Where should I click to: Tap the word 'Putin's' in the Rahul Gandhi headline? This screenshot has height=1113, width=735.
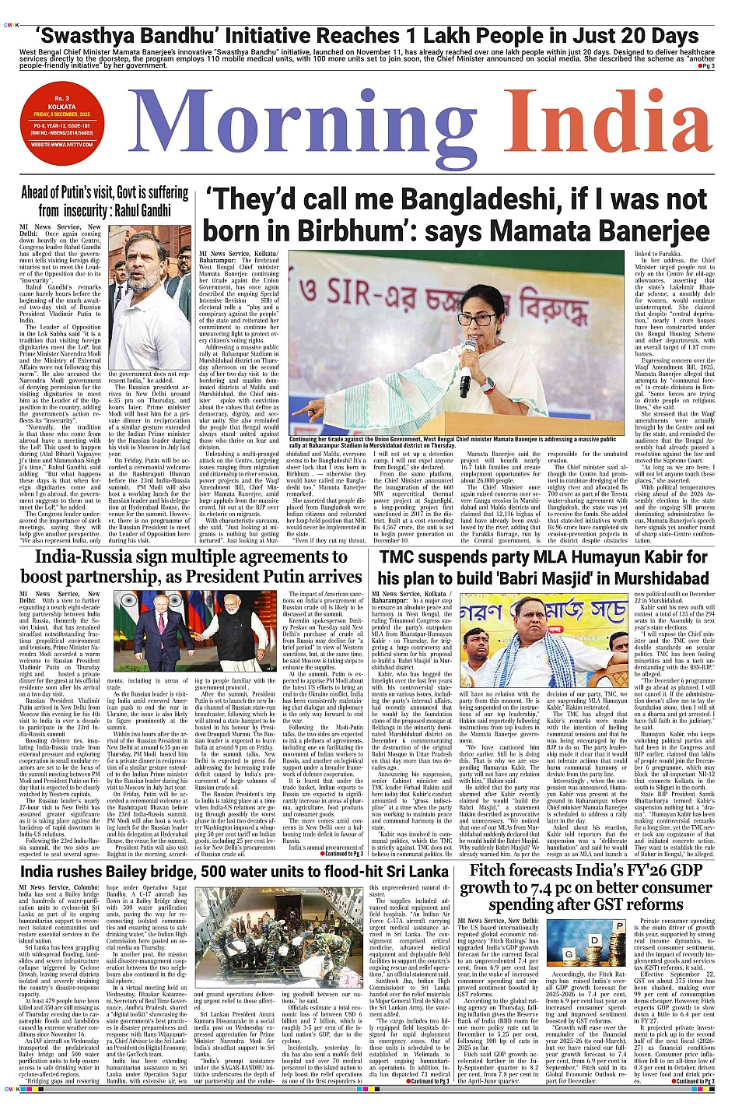tap(92, 191)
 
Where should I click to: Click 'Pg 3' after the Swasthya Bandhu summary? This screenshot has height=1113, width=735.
tap(707, 66)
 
